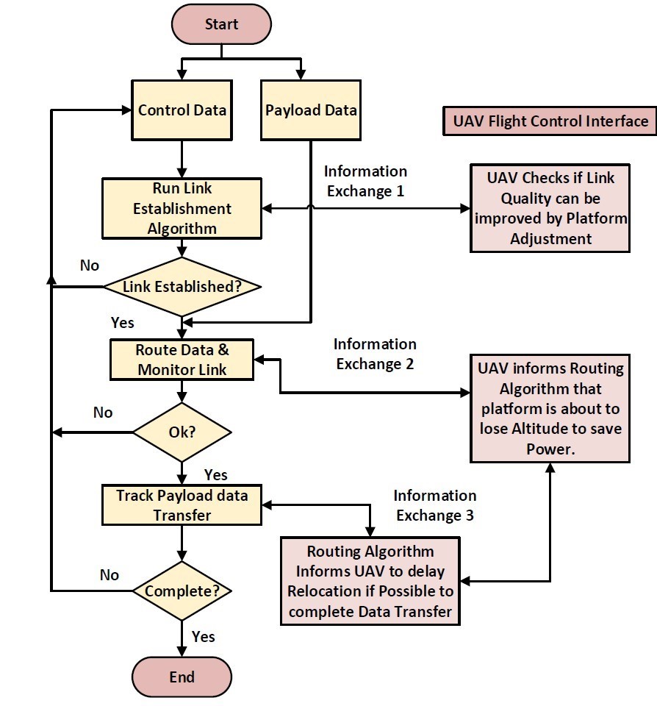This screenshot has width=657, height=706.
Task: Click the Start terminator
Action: click(221, 24)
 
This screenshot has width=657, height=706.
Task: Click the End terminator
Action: click(182, 677)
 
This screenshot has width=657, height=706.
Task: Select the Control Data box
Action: click(182, 110)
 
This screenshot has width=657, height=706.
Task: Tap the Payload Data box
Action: click(311, 110)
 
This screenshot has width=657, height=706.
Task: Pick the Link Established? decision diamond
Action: click(182, 287)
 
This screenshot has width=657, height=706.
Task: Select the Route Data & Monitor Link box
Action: click(182, 360)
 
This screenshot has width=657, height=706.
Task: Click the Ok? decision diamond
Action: click(182, 432)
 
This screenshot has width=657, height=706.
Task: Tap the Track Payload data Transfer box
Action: click(182, 505)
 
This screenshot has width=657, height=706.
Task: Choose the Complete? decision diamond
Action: click(182, 591)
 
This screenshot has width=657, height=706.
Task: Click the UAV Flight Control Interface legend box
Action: click(548, 121)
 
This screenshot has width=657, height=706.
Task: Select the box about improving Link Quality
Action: click(550, 208)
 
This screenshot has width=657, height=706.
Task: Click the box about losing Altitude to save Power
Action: click(550, 408)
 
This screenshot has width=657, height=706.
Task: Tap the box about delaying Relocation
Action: click(370, 582)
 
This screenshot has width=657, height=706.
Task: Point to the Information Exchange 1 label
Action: click(365, 181)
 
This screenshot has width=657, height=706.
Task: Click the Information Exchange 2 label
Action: click(375, 354)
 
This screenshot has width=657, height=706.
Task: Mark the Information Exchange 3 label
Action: click(434, 505)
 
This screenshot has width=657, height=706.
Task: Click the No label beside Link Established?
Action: click(90, 265)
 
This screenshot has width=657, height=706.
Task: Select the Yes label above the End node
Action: click(204, 635)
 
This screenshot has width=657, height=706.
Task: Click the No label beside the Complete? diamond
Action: click(109, 575)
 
